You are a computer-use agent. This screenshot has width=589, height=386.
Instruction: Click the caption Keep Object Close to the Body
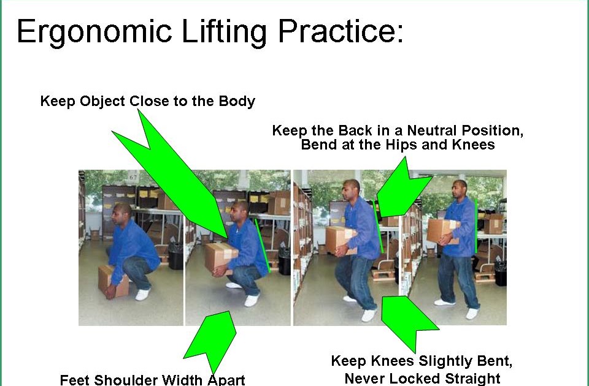[147, 101]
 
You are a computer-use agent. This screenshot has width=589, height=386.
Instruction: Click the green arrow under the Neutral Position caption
[402, 184]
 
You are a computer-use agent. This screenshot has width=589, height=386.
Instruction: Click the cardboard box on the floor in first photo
[114, 281]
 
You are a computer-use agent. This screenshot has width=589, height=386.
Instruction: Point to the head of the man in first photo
[121, 214]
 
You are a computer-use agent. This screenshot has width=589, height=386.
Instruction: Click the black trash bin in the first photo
[175, 256]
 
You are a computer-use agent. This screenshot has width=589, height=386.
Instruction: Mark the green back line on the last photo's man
[476, 224]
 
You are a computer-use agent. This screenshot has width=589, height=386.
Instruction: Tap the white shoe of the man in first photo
[142, 294]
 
